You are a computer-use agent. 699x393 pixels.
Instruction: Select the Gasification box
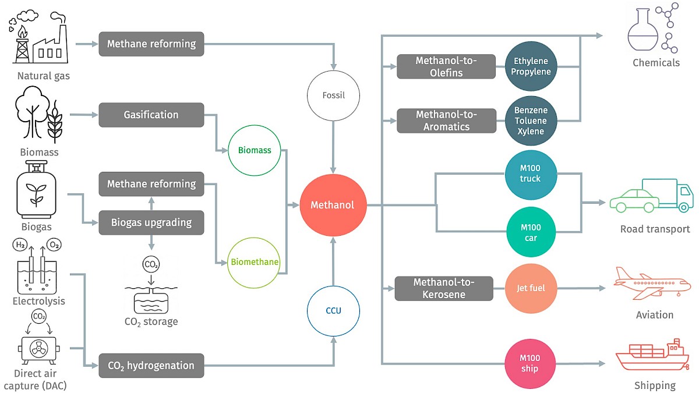(x=151, y=115)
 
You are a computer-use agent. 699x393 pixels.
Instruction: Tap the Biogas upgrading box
(x=151, y=222)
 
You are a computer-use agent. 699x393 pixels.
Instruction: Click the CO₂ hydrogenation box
(x=151, y=366)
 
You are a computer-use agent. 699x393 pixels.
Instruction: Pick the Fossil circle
(x=334, y=95)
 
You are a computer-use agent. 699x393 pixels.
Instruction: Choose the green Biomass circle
(x=255, y=150)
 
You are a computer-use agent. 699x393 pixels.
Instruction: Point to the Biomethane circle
(x=255, y=262)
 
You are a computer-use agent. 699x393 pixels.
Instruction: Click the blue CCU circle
(x=334, y=310)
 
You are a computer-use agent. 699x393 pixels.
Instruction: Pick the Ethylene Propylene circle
(x=530, y=66)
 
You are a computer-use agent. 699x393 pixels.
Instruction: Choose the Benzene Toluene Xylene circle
(x=530, y=121)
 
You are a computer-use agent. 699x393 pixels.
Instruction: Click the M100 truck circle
(x=530, y=173)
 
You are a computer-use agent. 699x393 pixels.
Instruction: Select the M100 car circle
(x=530, y=232)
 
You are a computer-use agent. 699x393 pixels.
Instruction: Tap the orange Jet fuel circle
(x=530, y=288)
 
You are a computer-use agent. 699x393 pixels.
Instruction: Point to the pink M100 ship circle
(x=530, y=364)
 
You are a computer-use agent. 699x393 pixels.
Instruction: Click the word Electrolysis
(x=38, y=301)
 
